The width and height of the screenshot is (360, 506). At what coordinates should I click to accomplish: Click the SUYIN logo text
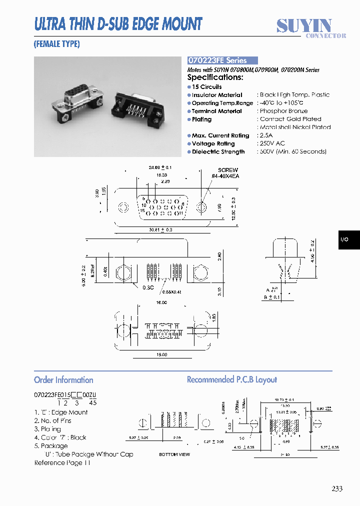304,25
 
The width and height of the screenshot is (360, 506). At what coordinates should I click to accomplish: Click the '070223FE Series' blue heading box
222,60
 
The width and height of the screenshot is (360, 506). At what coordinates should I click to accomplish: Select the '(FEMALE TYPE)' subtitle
56,44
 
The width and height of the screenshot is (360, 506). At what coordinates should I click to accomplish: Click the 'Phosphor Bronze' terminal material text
283,111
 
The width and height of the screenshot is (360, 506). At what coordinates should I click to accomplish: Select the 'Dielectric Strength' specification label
218,151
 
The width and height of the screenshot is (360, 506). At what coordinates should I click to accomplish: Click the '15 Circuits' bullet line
206,86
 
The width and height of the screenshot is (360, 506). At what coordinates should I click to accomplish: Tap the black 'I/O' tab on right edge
344,239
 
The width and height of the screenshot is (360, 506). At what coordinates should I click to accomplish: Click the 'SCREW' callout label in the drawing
227,170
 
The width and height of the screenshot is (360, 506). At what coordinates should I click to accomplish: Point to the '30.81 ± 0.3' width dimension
160,230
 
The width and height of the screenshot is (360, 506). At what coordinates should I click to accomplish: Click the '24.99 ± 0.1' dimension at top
160,167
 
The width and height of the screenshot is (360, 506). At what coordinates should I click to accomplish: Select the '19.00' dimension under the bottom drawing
160,354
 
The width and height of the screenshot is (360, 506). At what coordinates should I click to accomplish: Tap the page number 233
336,488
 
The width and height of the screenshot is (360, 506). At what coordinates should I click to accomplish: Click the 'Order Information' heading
63,380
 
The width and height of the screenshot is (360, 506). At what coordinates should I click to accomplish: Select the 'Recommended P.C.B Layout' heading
231,380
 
